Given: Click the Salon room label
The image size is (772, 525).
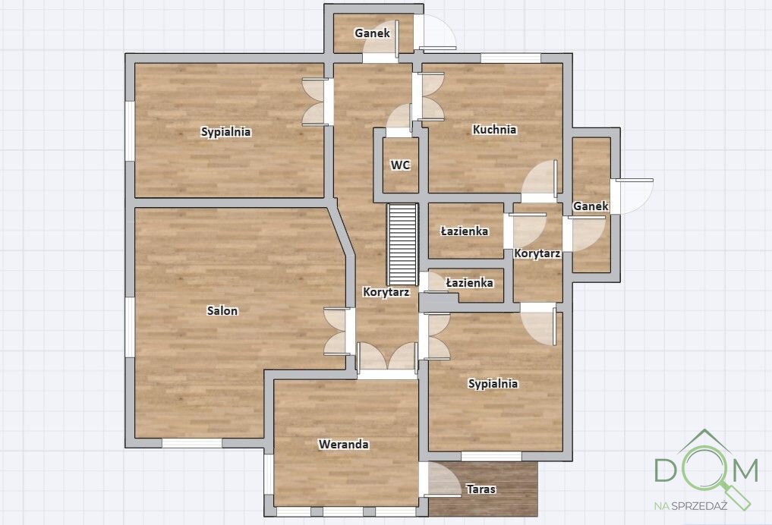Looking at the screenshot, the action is (222, 310).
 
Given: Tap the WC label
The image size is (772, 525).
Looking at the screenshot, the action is (400, 165).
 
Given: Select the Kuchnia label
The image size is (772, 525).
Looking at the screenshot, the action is (494, 130).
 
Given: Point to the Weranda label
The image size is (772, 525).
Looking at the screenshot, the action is (344, 445).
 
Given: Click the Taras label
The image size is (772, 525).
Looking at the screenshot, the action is (481, 489).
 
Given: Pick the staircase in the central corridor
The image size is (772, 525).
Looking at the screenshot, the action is (403, 244).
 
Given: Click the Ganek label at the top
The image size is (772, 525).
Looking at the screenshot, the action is (372, 33).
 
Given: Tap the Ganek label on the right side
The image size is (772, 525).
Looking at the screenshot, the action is (591, 206).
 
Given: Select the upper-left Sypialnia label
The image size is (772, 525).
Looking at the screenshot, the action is (226, 132).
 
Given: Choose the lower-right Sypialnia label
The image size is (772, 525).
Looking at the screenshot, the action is (493, 384).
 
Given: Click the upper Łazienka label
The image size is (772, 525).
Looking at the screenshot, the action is (465, 231).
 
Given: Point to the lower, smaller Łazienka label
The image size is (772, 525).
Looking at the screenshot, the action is (469, 283).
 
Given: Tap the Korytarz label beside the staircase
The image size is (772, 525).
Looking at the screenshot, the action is (386, 292).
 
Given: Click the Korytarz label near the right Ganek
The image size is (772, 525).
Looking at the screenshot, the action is (537, 254).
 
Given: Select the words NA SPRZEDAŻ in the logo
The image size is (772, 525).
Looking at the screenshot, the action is (691, 505).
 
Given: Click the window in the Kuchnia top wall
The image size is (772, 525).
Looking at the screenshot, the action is (511, 58).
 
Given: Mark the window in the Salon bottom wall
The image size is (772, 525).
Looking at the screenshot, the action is (192, 443).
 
